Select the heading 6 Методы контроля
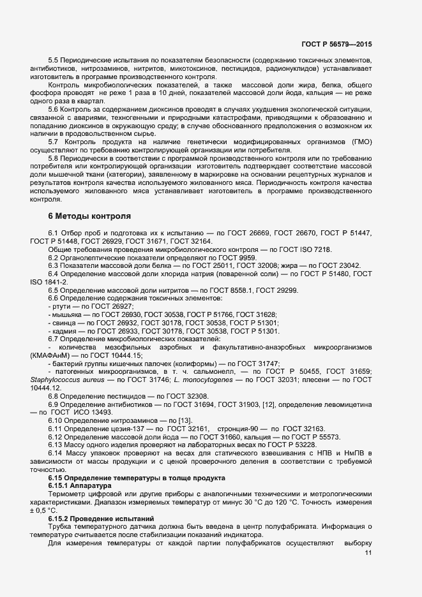tap(86, 216)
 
